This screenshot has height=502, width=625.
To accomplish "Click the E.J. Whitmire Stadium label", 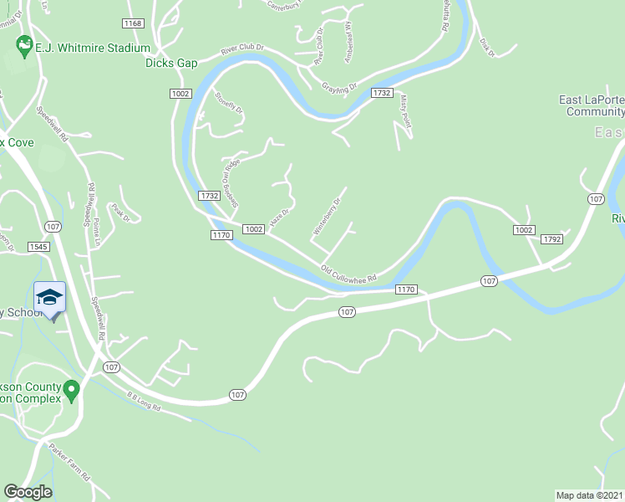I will tap(93, 49).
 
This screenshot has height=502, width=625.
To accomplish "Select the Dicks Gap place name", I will tap(171, 63).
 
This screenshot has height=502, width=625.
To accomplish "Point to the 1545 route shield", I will tap(38, 247).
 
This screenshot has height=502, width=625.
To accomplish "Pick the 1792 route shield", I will tap(551, 239).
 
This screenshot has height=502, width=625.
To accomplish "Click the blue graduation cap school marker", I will tap(49, 298).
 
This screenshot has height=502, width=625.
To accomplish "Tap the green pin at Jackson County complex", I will tap(72, 389).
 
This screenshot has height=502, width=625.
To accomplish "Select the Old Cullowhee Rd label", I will tap(349, 274).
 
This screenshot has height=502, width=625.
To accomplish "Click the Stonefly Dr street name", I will tap(228, 103).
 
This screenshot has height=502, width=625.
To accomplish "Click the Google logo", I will tap(28, 492).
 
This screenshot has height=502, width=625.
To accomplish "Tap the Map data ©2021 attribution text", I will tap(590, 494).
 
